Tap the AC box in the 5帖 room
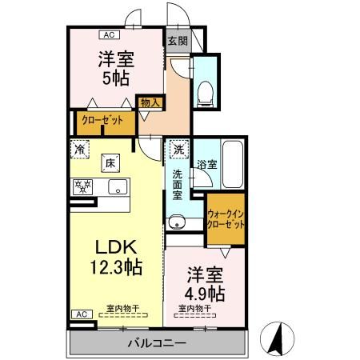click(x=107, y=34)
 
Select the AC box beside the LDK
click(x=81, y=314)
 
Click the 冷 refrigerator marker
click(x=80, y=148)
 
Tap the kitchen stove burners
click(x=82, y=188)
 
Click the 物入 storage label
click(x=150, y=102)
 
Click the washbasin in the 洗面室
click(x=176, y=222)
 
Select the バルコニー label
click(x=157, y=342)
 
